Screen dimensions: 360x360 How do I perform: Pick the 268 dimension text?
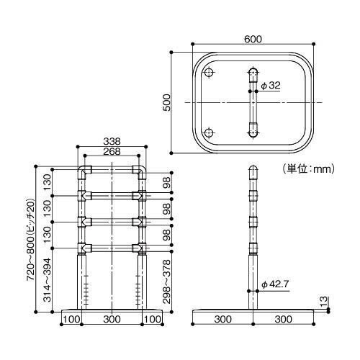coord(112,152)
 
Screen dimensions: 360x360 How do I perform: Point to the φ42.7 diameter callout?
coord(275,283)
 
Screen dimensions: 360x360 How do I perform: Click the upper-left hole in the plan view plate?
coord(209,73)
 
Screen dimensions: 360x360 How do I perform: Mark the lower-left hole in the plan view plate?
coord(209,132)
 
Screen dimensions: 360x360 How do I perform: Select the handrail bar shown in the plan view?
coord(252,103)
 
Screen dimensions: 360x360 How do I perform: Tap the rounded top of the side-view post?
coord(252,171)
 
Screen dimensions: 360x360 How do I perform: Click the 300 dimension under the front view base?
coord(112,318)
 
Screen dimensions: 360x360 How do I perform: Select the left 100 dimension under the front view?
coord(71,318)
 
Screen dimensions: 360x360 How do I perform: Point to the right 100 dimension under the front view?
coord(152,318)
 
